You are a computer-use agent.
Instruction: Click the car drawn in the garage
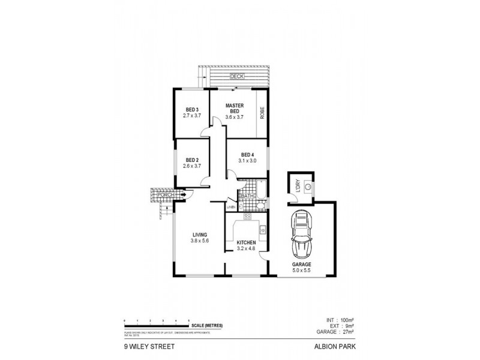point(302,235)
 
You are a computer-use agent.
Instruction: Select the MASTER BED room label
point(233,108)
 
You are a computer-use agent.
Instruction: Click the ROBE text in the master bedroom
point(262,112)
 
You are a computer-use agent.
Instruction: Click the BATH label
point(247,196)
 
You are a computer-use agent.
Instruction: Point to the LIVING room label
point(199,235)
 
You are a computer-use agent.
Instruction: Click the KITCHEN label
point(246,242)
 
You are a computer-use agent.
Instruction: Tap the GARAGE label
point(301,265)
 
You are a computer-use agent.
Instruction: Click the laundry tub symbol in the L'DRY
point(308,187)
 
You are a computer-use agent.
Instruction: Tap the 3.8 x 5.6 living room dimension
point(199,241)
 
